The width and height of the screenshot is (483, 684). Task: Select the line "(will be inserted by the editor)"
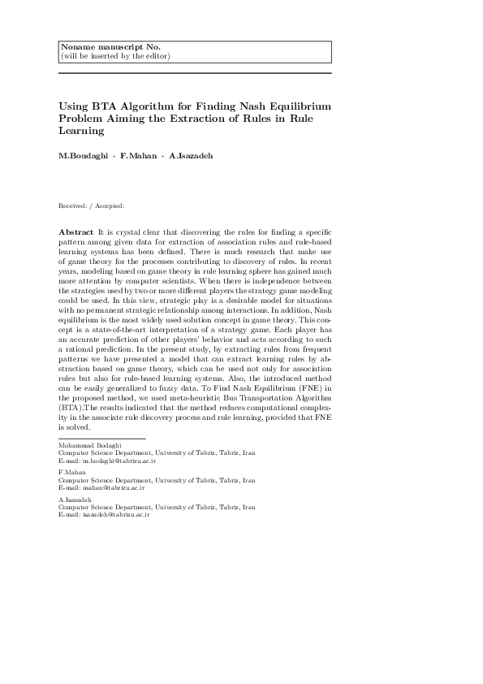115,56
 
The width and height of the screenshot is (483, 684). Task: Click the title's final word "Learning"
82,130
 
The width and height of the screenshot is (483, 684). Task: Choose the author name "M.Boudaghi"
84,155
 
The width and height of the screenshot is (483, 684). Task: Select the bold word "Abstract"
75,232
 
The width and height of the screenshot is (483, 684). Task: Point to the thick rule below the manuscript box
196,74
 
